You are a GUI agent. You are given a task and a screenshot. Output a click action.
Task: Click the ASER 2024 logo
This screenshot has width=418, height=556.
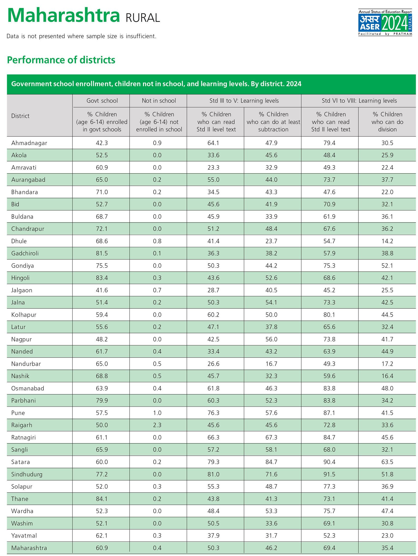pyautogui.click(x=385, y=23)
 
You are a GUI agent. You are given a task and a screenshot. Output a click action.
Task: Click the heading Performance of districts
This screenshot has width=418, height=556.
pyautogui.click(x=61, y=60)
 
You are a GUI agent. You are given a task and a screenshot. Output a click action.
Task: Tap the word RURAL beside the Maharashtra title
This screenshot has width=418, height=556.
pyautogui.click(x=143, y=18)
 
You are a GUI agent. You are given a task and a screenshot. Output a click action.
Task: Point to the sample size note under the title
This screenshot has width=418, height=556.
pyautogui.click(x=81, y=36)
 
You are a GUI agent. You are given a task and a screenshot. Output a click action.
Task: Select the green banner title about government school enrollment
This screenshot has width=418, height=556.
pyautogui.click(x=156, y=84)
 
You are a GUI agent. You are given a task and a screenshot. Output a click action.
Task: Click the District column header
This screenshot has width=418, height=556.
pyautogui.click(x=20, y=116)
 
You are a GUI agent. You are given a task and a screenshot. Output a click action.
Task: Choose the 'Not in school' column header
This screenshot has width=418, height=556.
pyautogui.click(x=159, y=101)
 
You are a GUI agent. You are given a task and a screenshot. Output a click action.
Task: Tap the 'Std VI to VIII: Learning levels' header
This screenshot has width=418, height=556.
pyautogui.click(x=359, y=101)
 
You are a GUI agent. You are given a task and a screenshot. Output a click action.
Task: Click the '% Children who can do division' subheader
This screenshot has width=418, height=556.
pyautogui.click(x=387, y=122)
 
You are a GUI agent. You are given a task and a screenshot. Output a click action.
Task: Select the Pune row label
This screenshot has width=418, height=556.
pyautogui.click(x=18, y=413)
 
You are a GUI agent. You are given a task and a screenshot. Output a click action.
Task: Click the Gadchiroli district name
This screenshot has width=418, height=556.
pyautogui.click(x=25, y=253)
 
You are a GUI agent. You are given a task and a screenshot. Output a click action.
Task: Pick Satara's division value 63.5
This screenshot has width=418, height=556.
pyautogui.click(x=387, y=462)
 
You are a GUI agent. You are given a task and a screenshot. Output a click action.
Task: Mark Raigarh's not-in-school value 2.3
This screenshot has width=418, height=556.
pyautogui.click(x=157, y=425)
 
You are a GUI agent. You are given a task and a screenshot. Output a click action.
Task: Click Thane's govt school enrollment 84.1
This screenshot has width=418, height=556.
pyautogui.click(x=102, y=499)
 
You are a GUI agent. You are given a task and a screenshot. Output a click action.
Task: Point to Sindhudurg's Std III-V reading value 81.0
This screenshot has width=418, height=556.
pyautogui.click(x=213, y=474)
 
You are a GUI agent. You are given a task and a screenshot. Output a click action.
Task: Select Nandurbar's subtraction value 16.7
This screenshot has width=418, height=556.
pyautogui.click(x=272, y=364)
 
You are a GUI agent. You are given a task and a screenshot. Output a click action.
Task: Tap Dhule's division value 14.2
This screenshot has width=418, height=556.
pyautogui.click(x=387, y=241)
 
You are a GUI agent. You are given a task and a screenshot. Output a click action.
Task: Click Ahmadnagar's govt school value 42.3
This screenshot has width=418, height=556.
pyautogui.click(x=102, y=143)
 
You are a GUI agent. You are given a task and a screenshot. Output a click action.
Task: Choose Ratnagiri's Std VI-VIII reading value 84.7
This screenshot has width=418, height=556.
pyautogui.click(x=329, y=437)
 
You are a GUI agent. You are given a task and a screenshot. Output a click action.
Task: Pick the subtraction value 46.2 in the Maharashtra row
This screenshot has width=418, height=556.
pyautogui.click(x=272, y=548)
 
